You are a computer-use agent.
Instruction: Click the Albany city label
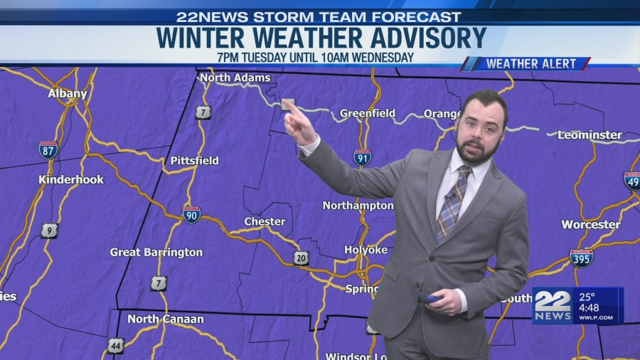click(68, 94)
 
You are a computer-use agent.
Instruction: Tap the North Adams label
click(235, 78)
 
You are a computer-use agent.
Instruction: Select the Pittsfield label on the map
click(194, 161)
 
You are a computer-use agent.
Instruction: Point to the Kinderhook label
click(71, 180)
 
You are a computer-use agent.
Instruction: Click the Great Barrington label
click(156, 253)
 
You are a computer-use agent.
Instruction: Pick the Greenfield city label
click(367, 113)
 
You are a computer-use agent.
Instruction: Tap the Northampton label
click(358, 206)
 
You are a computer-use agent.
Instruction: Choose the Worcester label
click(590, 225)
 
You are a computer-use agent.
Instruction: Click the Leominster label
click(590, 135)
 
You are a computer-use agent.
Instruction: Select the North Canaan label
click(165, 319)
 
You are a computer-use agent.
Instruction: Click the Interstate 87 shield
click(48, 149)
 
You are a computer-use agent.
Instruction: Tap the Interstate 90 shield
click(191, 214)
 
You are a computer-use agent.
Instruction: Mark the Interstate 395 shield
click(581, 258)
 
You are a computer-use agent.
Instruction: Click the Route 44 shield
click(115, 346)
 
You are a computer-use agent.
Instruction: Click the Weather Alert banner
click(526, 64)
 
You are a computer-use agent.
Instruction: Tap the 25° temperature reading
click(587, 297)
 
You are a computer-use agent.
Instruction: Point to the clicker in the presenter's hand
click(433, 300)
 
